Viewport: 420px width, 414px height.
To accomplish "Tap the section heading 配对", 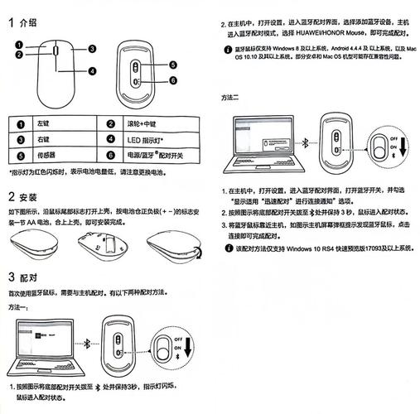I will coord(28,277).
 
